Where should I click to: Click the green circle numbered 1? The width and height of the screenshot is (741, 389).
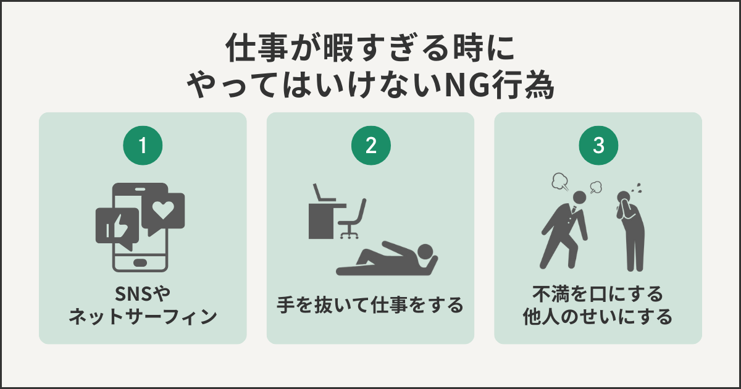pos(143,146)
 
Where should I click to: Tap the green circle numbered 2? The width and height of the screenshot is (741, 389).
pos(371,146)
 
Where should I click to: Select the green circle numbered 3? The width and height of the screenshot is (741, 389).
pos(598,146)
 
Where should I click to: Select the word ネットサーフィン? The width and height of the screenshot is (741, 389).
pos(143,317)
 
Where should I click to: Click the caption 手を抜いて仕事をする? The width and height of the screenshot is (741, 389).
pos(370,305)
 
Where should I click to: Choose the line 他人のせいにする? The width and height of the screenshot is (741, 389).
pos(598,317)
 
